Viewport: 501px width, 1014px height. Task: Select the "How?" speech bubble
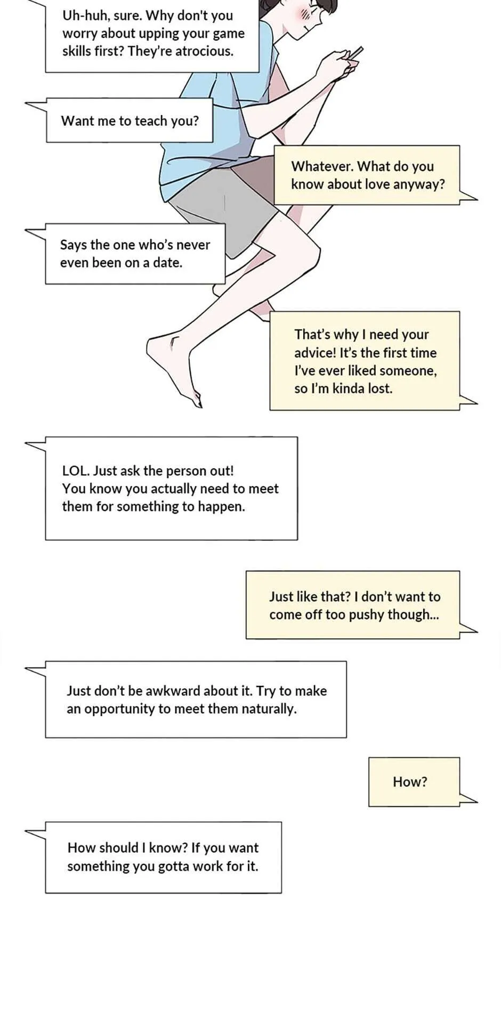414,781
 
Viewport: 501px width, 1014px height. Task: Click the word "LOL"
75,471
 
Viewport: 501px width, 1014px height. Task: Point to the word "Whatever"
321,166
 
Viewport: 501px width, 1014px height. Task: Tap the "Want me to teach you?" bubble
129,120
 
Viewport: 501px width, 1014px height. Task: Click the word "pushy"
367,615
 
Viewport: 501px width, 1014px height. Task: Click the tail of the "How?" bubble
468,797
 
